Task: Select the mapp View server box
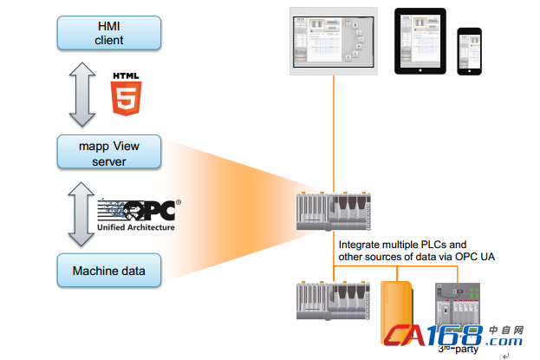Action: point(109,153)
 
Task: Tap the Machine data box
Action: point(109,272)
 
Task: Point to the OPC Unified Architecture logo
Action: point(137,214)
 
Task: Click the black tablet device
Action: point(420,41)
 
